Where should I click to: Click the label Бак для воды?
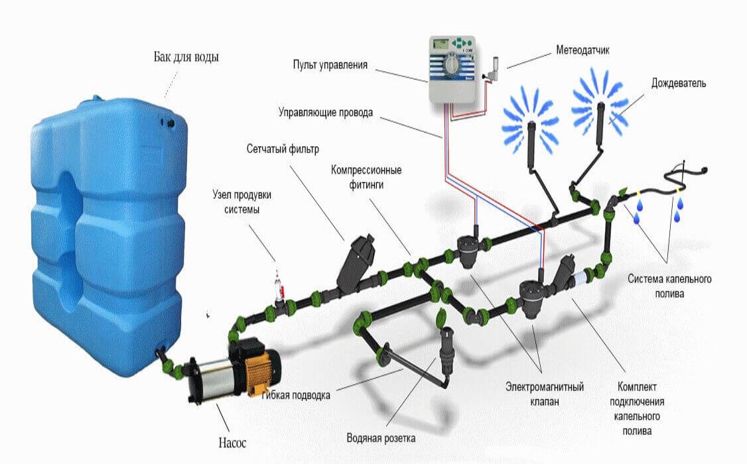tap(186, 57)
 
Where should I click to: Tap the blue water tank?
tap(107, 233)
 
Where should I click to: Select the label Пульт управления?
tap(330, 65)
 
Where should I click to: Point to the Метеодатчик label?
tap(582, 50)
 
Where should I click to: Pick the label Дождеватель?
tap(679, 84)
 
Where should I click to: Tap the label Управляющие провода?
tap(325, 113)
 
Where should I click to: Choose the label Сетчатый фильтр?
tap(283, 149)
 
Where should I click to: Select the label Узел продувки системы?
tap(242, 202)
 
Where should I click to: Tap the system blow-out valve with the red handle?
tap(280, 287)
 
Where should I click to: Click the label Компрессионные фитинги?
tap(366, 177)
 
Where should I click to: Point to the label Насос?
tap(232, 443)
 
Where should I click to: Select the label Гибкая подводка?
tap(295, 395)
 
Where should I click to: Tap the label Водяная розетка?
tap(381, 438)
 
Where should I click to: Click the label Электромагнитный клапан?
tap(545, 394)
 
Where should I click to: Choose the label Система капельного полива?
tap(669, 286)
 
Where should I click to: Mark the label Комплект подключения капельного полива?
tap(637, 409)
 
